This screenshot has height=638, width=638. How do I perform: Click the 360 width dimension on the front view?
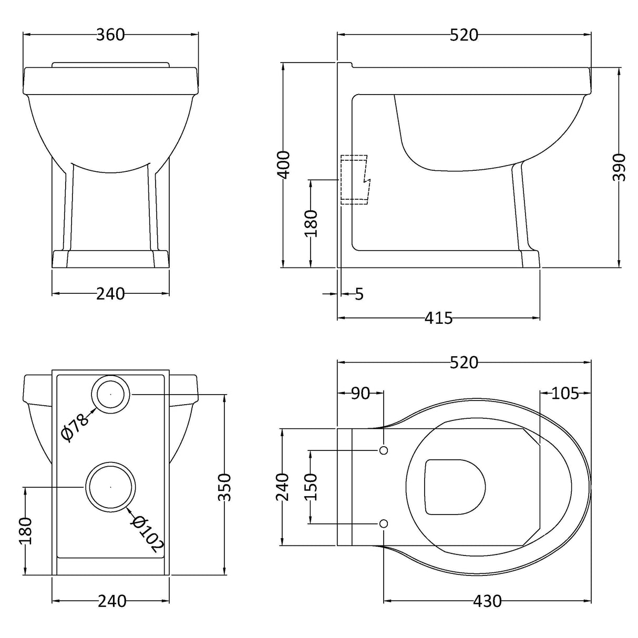coord(110,35)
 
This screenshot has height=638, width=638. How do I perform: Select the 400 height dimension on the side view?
coord(283,164)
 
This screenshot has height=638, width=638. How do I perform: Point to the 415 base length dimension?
coord(438,318)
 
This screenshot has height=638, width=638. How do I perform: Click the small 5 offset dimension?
coord(359,294)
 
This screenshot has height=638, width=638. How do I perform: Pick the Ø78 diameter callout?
coord(74,426)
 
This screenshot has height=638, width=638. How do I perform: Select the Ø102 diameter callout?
coord(146,534)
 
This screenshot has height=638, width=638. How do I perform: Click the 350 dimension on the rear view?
coord(224,487)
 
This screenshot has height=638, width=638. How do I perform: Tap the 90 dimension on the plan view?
coord(360,393)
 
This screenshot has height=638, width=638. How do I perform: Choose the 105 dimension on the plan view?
coord(565,393)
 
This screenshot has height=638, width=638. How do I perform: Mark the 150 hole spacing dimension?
coord(311,487)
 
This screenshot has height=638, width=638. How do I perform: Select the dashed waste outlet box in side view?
coord(355,179)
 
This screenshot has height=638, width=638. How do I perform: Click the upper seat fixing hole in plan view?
coord(384,450)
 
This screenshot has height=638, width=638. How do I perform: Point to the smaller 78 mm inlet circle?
coord(111,394)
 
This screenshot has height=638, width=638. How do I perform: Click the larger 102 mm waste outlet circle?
coord(110,487)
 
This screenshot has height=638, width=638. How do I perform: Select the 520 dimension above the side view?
coord(464,35)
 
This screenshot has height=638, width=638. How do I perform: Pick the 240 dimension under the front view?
coord(110,294)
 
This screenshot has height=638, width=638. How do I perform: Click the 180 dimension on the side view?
coord(311,223)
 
